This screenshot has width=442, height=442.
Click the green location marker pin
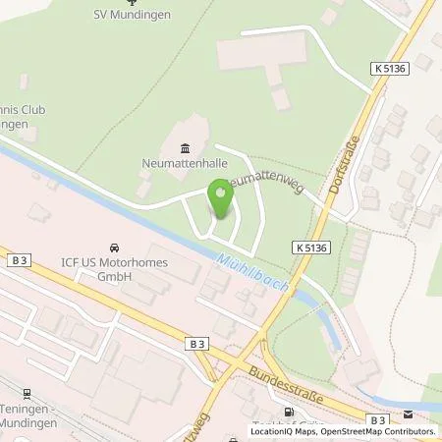(x=220, y=198)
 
